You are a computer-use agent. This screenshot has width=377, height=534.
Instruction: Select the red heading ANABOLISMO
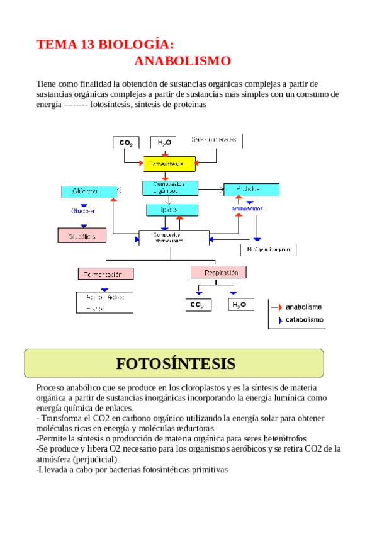[x=183, y=61]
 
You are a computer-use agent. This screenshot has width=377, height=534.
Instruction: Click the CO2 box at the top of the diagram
[x=126, y=143]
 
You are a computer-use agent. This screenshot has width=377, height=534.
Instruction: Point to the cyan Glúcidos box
[x=89, y=191]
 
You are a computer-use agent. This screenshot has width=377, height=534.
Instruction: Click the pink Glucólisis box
[x=82, y=236]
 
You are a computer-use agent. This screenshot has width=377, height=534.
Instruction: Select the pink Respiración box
[x=217, y=273]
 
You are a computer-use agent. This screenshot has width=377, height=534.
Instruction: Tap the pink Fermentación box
[x=106, y=274]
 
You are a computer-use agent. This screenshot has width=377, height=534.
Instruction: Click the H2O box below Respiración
[x=239, y=305]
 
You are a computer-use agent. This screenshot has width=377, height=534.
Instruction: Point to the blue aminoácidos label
[x=247, y=208]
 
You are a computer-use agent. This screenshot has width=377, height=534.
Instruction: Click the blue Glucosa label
[x=82, y=211]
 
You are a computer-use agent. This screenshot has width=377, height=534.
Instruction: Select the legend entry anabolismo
[x=303, y=307]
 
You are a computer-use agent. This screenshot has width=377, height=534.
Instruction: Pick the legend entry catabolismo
[x=305, y=320]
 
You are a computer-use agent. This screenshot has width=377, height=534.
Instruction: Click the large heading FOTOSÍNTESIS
[x=176, y=363]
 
